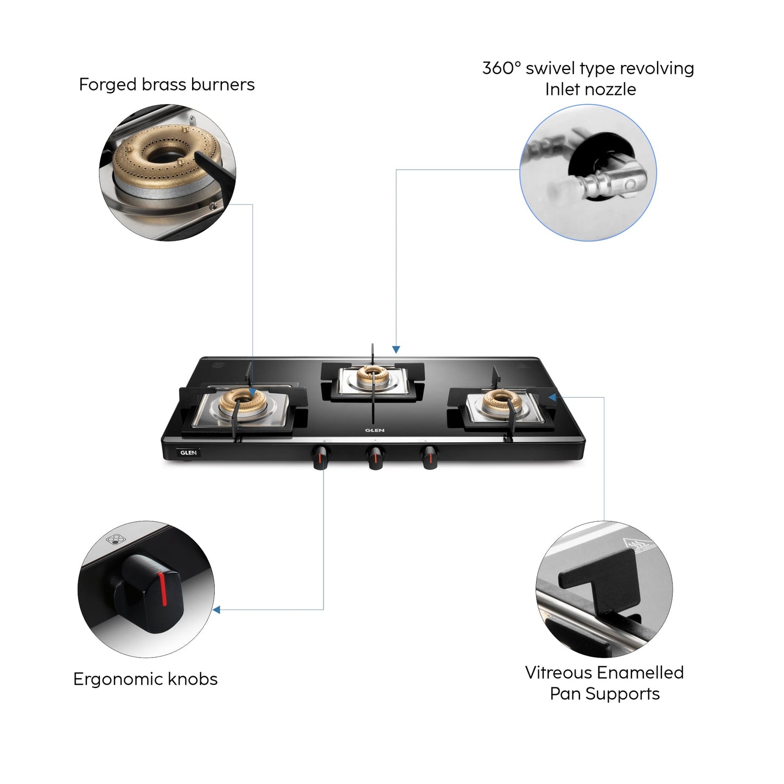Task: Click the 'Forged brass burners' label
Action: click(x=167, y=85)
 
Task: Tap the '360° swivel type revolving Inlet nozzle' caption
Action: click(x=588, y=79)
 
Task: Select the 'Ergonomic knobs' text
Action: click(x=145, y=679)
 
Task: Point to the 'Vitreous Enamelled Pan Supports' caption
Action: click(x=604, y=683)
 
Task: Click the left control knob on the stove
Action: click(x=321, y=457)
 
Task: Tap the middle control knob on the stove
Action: click(x=375, y=457)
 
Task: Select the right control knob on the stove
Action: click(x=430, y=456)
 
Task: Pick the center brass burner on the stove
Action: click(x=372, y=374)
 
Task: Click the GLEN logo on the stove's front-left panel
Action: click(x=188, y=452)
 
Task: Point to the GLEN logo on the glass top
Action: click(x=374, y=430)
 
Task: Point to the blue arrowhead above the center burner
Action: click(x=396, y=349)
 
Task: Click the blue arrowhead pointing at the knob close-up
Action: click(x=217, y=610)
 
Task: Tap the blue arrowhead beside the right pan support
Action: click(x=552, y=397)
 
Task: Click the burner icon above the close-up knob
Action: click(x=113, y=539)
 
